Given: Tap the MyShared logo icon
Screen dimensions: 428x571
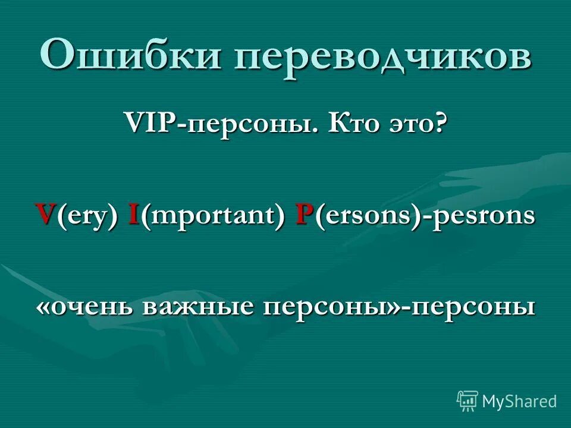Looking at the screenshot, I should [x=468, y=401].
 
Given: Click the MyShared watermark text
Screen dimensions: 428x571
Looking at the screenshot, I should [x=519, y=401].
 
